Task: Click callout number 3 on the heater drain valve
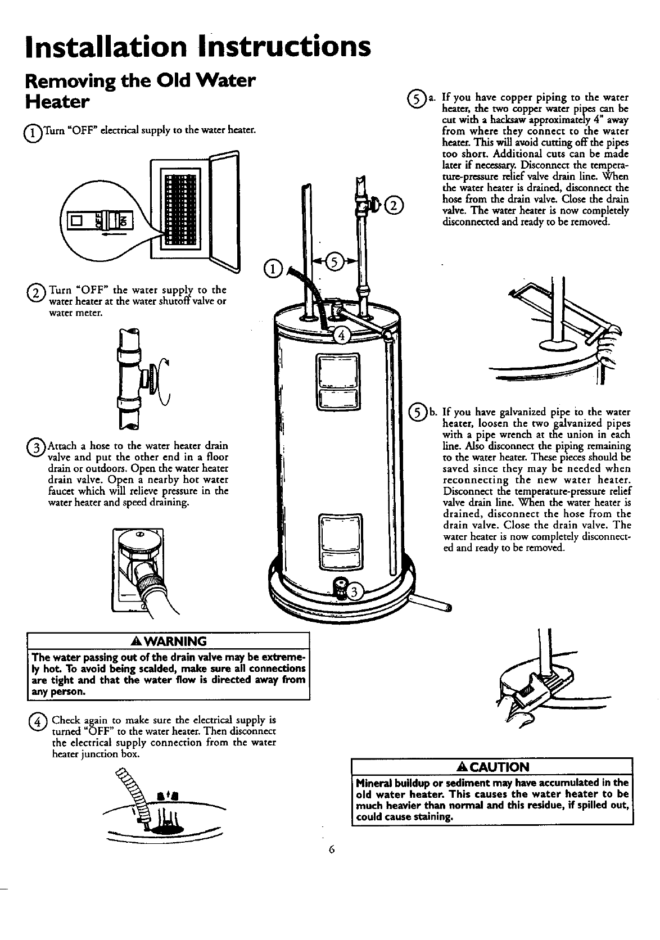[x=355, y=591]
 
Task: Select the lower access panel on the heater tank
[x=337, y=541]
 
